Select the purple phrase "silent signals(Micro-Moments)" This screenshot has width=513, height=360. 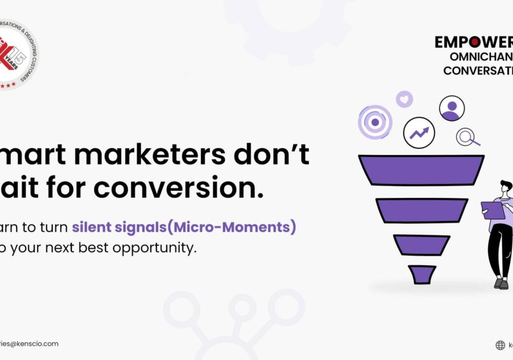click(184, 226)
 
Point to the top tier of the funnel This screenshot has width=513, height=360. click(421, 170)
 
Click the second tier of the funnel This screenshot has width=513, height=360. click(421, 211)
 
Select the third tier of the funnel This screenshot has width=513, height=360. click(421, 245)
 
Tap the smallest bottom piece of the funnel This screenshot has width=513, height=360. click(421, 274)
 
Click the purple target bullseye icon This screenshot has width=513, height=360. click(375, 122)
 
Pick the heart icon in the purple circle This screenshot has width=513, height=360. click(404, 99)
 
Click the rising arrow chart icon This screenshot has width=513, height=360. click(419, 133)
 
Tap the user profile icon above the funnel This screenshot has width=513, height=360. click(452, 108)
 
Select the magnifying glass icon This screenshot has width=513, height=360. click(467, 137)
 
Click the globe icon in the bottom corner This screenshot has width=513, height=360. click(500, 345)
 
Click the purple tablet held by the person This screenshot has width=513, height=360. click(493, 210)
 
